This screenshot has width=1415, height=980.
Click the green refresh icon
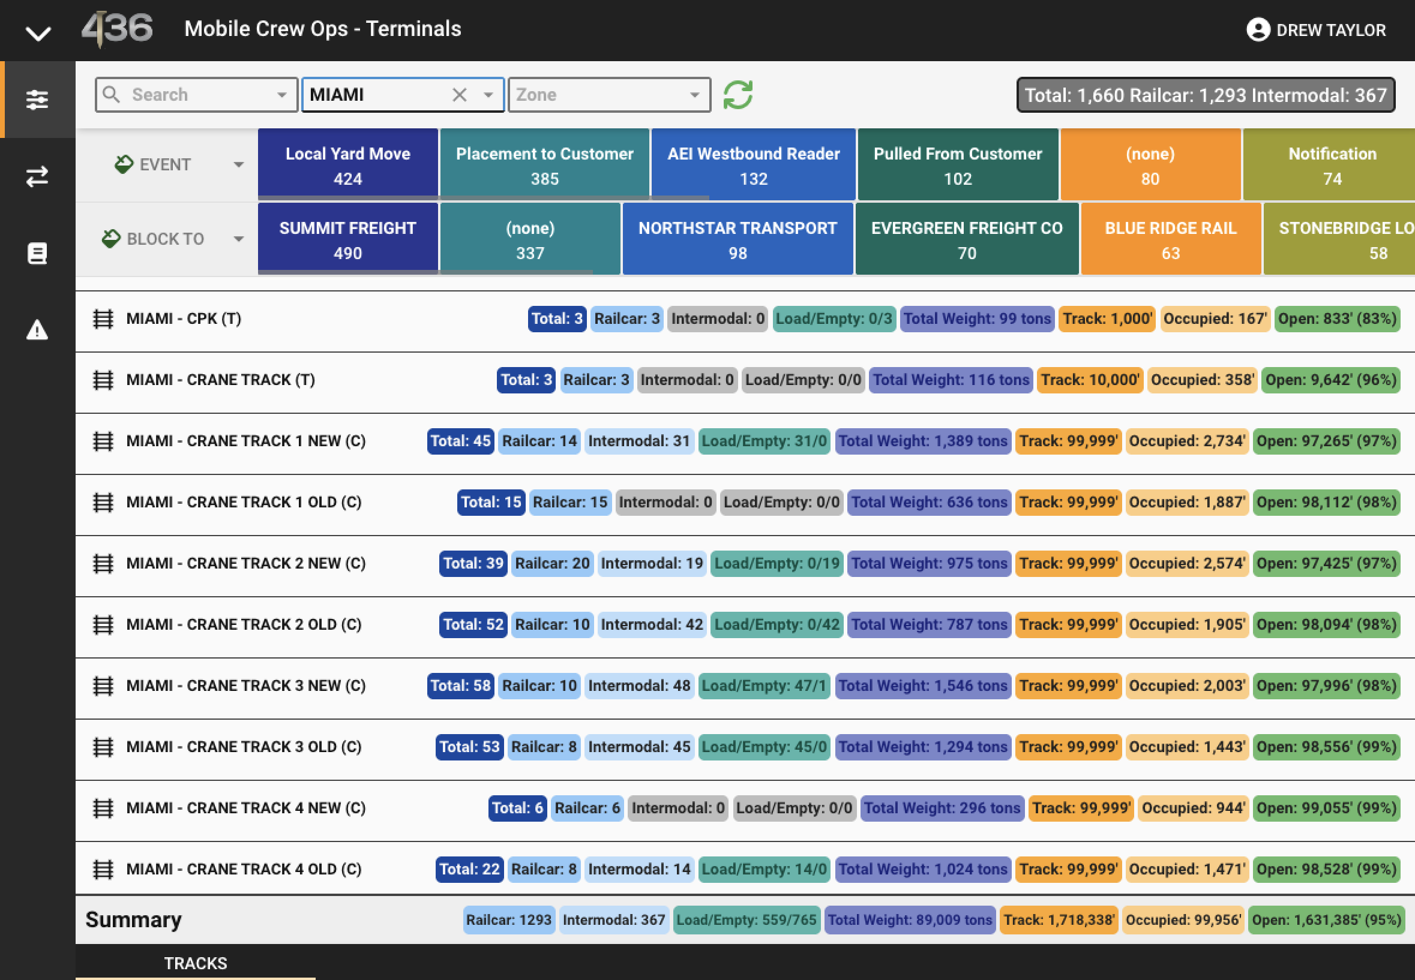pyautogui.click(x=738, y=95)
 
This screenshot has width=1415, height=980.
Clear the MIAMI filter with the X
pyautogui.click(x=459, y=95)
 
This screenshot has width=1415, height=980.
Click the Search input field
pyautogui.click(x=197, y=95)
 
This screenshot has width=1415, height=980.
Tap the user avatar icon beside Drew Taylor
pyautogui.click(x=1258, y=29)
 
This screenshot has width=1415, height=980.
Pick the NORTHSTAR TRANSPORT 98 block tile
pyautogui.click(x=738, y=239)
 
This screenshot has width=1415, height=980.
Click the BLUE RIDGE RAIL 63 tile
pyautogui.click(x=1170, y=239)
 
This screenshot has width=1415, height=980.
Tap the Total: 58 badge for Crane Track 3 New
pyautogui.click(x=461, y=686)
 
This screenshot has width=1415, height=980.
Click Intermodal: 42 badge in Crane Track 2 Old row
pyautogui.click(x=652, y=624)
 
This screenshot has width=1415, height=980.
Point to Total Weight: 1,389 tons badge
pyautogui.click(x=923, y=441)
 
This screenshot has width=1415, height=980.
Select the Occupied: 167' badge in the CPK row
pyautogui.click(x=1215, y=318)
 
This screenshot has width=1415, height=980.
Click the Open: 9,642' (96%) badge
pyautogui.click(x=1331, y=380)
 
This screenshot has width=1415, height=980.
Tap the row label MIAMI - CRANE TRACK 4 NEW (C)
pyautogui.click(x=246, y=808)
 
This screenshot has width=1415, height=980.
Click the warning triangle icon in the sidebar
pyautogui.click(x=37, y=330)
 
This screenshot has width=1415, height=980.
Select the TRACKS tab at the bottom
pyautogui.click(x=196, y=963)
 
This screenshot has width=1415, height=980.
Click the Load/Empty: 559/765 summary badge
pyautogui.click(x=747, y=920)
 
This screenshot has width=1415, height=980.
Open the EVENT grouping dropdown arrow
pyautogui.click(x=238, y=164)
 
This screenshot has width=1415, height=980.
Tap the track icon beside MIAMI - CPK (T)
pyautogui.click(x=103, y=318)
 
